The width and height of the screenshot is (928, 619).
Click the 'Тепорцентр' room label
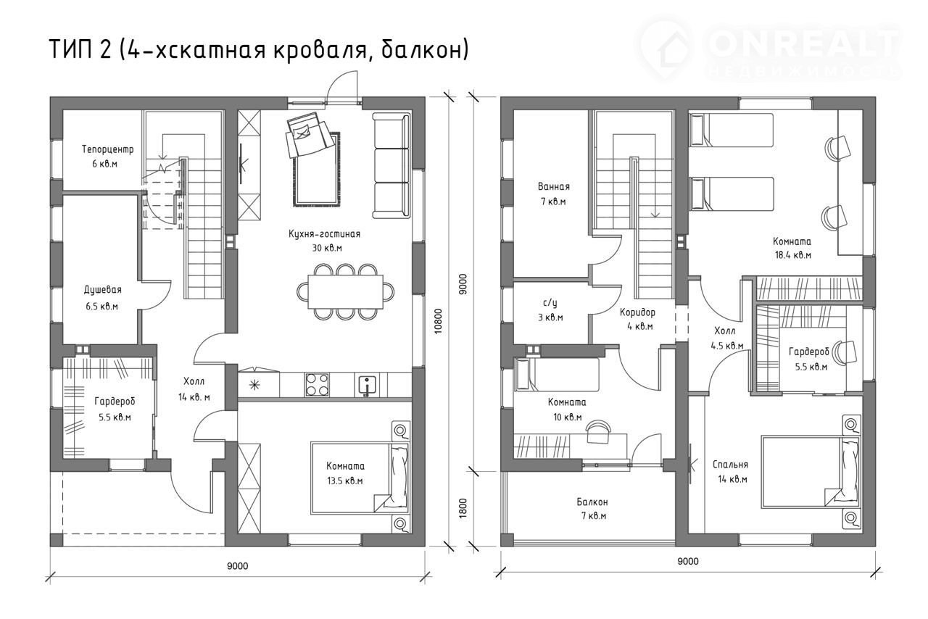pos(108,149)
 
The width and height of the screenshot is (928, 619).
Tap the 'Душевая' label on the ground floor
pos(103,289)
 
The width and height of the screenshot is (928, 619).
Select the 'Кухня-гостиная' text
pos(324,233)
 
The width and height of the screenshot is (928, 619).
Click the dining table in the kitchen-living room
pos(345,291)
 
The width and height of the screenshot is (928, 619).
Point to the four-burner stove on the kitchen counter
pos(317,385)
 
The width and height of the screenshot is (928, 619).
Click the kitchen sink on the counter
pos(367,386)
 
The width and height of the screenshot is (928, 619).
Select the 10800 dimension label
pos(439,320)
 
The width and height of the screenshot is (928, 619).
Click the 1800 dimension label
pos(463,507)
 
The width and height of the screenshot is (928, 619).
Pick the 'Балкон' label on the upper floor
pos(592,502)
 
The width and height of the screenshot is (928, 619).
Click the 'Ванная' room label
pos(553,186)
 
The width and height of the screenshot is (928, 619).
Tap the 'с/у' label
pos(550,303)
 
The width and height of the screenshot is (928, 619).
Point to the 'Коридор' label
pos(637,312)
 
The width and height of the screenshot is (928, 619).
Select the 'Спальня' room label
pos(730,465)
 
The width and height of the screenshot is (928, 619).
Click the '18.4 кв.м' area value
pos(793,255)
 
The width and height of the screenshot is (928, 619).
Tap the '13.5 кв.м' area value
pos(344,481)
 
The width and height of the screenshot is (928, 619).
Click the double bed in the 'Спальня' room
pos(810,472)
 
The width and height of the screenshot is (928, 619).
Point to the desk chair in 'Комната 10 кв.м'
pos(598,432)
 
